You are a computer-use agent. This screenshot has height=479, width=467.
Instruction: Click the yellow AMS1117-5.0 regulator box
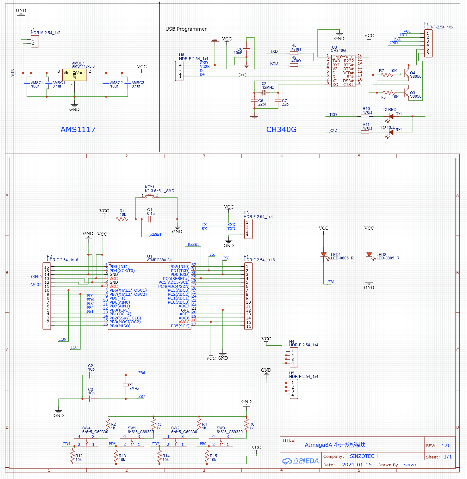pos(74,75)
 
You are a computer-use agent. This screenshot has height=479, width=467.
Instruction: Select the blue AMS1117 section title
pos(78,130)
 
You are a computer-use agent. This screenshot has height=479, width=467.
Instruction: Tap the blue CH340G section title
pos(281,130)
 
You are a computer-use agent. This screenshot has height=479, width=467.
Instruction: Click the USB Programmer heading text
pos(186,29)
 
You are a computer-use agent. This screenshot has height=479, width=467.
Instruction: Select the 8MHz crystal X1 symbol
pos(126,385)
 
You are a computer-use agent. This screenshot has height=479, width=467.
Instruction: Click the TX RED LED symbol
pos(390,117)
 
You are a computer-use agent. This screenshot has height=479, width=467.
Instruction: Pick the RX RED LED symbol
pos(390,132)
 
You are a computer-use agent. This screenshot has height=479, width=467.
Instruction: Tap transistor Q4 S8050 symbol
pos(406,73)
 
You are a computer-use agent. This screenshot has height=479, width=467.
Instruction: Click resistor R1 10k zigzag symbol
pos(122,219)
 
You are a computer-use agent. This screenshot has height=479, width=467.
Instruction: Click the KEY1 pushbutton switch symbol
pos(149,197)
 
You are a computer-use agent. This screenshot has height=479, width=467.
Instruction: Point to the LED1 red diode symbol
pos(324,255)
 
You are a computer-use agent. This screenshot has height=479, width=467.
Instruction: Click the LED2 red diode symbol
pos(369,255)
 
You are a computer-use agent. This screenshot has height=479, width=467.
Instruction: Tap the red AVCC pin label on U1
pos(184,322)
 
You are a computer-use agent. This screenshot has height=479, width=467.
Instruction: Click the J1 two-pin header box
pos(35,41)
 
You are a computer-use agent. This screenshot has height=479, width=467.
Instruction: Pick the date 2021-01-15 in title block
pos(357,465)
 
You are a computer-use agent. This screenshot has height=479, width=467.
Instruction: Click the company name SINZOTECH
pos(364,456)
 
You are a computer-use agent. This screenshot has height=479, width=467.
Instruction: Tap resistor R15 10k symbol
pos(207,457)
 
